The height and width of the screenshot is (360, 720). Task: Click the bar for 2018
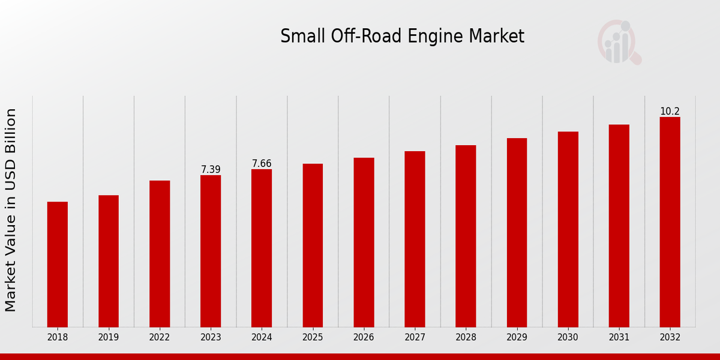tap(58, 264)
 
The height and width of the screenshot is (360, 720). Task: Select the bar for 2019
tap(109, 261)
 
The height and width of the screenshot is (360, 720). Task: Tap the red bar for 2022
tap(160, 254)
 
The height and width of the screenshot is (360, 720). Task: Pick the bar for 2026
tap(364, 242)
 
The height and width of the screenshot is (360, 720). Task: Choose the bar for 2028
tap(466, 236)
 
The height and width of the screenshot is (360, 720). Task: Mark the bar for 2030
tap(568, 229)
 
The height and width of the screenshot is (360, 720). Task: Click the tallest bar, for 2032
tap(670, 222)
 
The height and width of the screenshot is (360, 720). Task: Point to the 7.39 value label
tap(211, 170)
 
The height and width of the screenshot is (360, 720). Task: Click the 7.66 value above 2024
tap(262, 164)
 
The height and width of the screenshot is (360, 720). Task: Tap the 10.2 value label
tap(670, 112)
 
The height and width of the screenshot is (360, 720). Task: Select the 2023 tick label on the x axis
tap(211, 338)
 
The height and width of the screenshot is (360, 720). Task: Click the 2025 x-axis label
tap(313, 338)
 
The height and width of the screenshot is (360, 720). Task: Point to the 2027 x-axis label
tap(415, 338)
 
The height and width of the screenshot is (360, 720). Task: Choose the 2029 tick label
tap(517, 338)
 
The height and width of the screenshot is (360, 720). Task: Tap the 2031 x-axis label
tap(619, 338)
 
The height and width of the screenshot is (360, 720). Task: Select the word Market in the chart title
tap(497, 37)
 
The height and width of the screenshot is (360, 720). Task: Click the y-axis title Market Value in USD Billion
tap(11, 210)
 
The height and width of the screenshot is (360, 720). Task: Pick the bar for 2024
tap(262, 248)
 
